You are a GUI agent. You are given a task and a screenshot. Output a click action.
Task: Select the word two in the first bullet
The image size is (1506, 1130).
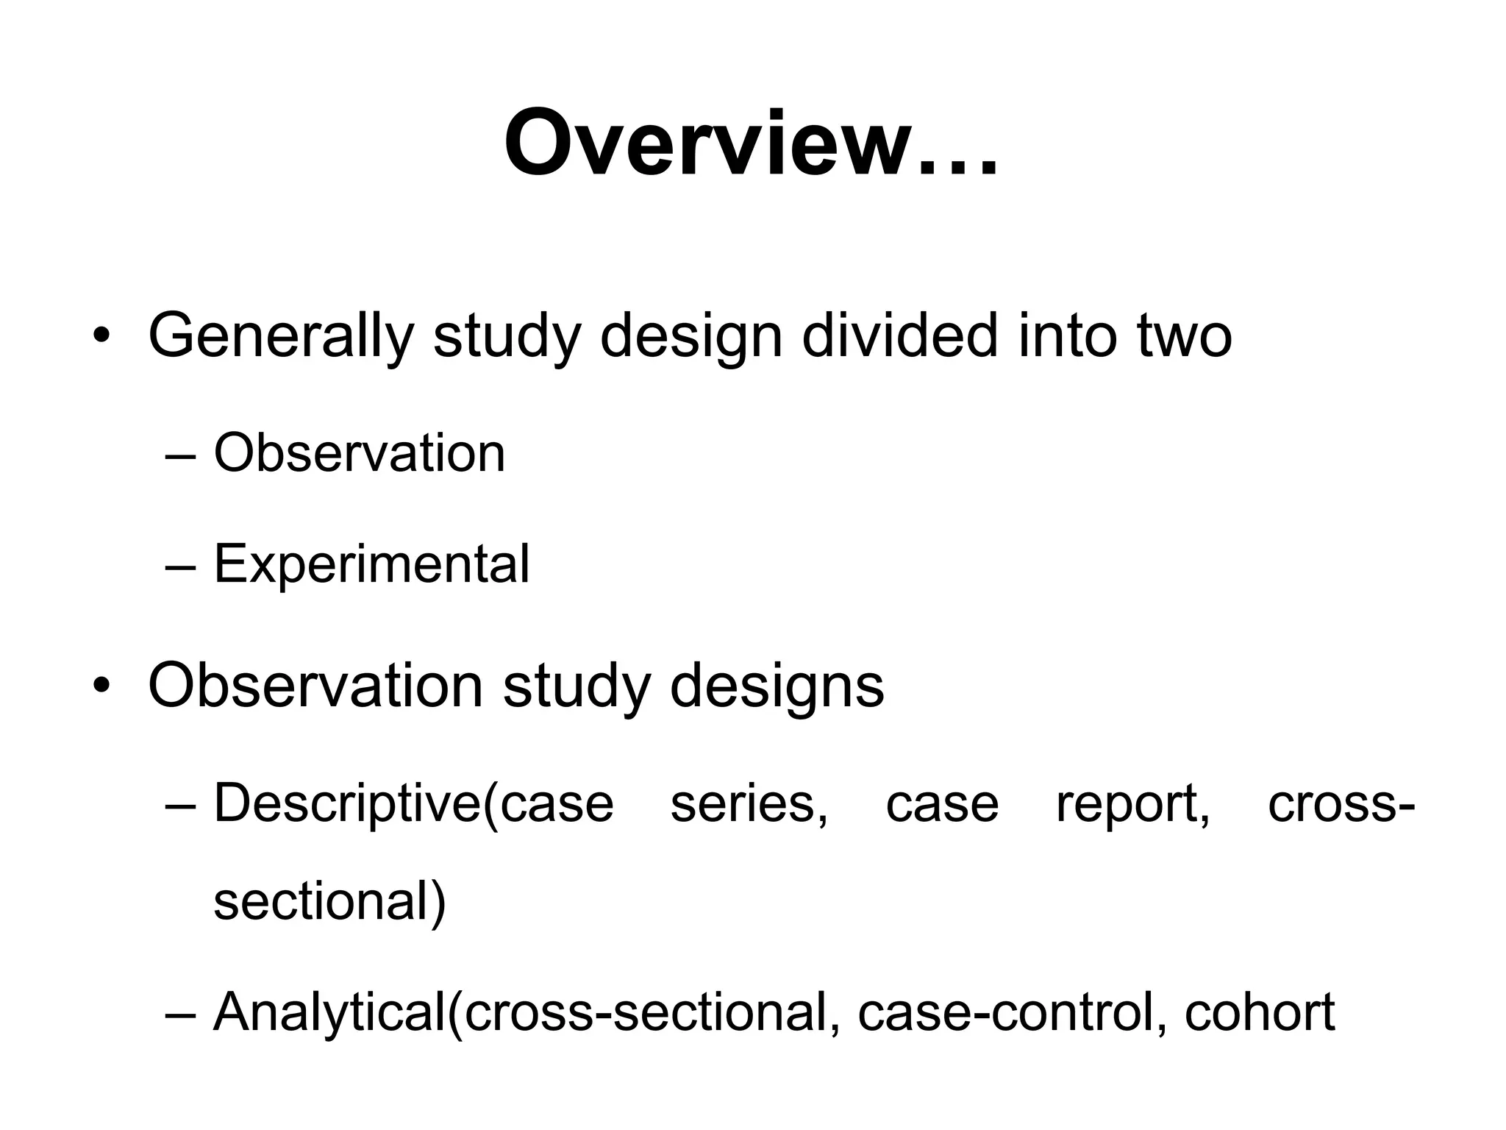[x=1184, y=336]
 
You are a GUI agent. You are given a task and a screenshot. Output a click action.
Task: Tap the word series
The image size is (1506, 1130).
[x=749, y=803]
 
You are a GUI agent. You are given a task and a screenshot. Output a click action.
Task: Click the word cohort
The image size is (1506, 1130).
[x=1259, y=1012]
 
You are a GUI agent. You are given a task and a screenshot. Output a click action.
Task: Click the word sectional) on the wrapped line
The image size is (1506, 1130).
[x=329, y=902]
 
